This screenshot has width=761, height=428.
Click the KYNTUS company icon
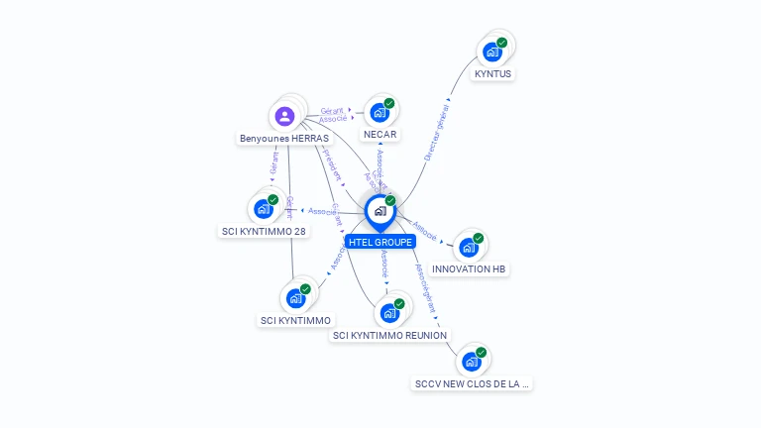point(491,53)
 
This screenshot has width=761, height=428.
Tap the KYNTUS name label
point(493,73)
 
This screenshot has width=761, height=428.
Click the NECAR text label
point(380,134)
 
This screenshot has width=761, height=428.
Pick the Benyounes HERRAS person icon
point(285,117)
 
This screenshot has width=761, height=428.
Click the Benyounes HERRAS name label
point(284,139)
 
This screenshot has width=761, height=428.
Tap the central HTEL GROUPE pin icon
point(380,211)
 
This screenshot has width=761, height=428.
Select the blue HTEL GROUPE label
point(380,242)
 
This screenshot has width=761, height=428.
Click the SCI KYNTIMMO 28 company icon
point(263,209)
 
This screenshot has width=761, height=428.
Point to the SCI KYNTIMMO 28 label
point(263,231)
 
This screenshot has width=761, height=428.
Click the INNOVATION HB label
point(470,268)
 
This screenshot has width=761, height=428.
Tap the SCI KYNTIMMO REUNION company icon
point(389,313)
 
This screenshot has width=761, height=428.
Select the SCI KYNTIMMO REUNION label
point(389,335)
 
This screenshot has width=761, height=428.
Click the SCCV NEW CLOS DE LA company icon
point(472,362)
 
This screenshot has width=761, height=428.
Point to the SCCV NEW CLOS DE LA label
point(472,383)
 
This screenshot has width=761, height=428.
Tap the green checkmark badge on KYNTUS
point(501,43)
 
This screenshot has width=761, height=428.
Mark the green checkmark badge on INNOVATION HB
point(478,238)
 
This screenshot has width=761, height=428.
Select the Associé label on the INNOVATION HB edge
point(423,230)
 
